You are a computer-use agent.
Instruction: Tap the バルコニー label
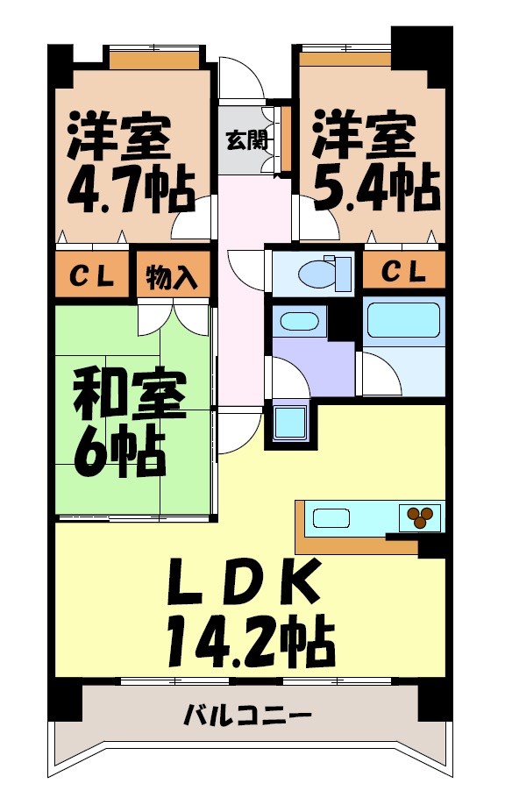pyautogui.click(x=248, y=716)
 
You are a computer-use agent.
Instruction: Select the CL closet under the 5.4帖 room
pyautogui.click(x=404, y=272)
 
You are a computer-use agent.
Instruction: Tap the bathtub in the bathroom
pyautogui.click(x=402, y=321)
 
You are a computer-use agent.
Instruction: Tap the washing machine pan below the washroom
pyautogui.click(x=289, y=423)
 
